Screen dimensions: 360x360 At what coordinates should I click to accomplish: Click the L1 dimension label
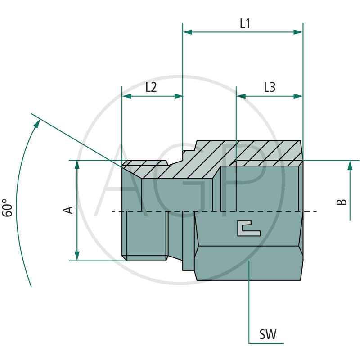245,24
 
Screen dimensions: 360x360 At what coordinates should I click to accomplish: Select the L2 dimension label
151,88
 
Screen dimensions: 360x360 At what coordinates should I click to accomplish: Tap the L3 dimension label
270,88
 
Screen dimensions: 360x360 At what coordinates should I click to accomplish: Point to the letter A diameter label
69,210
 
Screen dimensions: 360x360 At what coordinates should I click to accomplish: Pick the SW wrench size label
268,334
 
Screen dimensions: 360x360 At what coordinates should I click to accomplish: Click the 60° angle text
8,208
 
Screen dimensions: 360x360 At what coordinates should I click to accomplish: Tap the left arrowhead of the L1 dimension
187,32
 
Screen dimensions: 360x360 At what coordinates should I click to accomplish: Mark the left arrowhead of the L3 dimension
241,96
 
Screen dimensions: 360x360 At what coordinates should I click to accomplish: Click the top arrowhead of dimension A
77,165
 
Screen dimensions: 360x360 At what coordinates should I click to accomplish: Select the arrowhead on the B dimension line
350,166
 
